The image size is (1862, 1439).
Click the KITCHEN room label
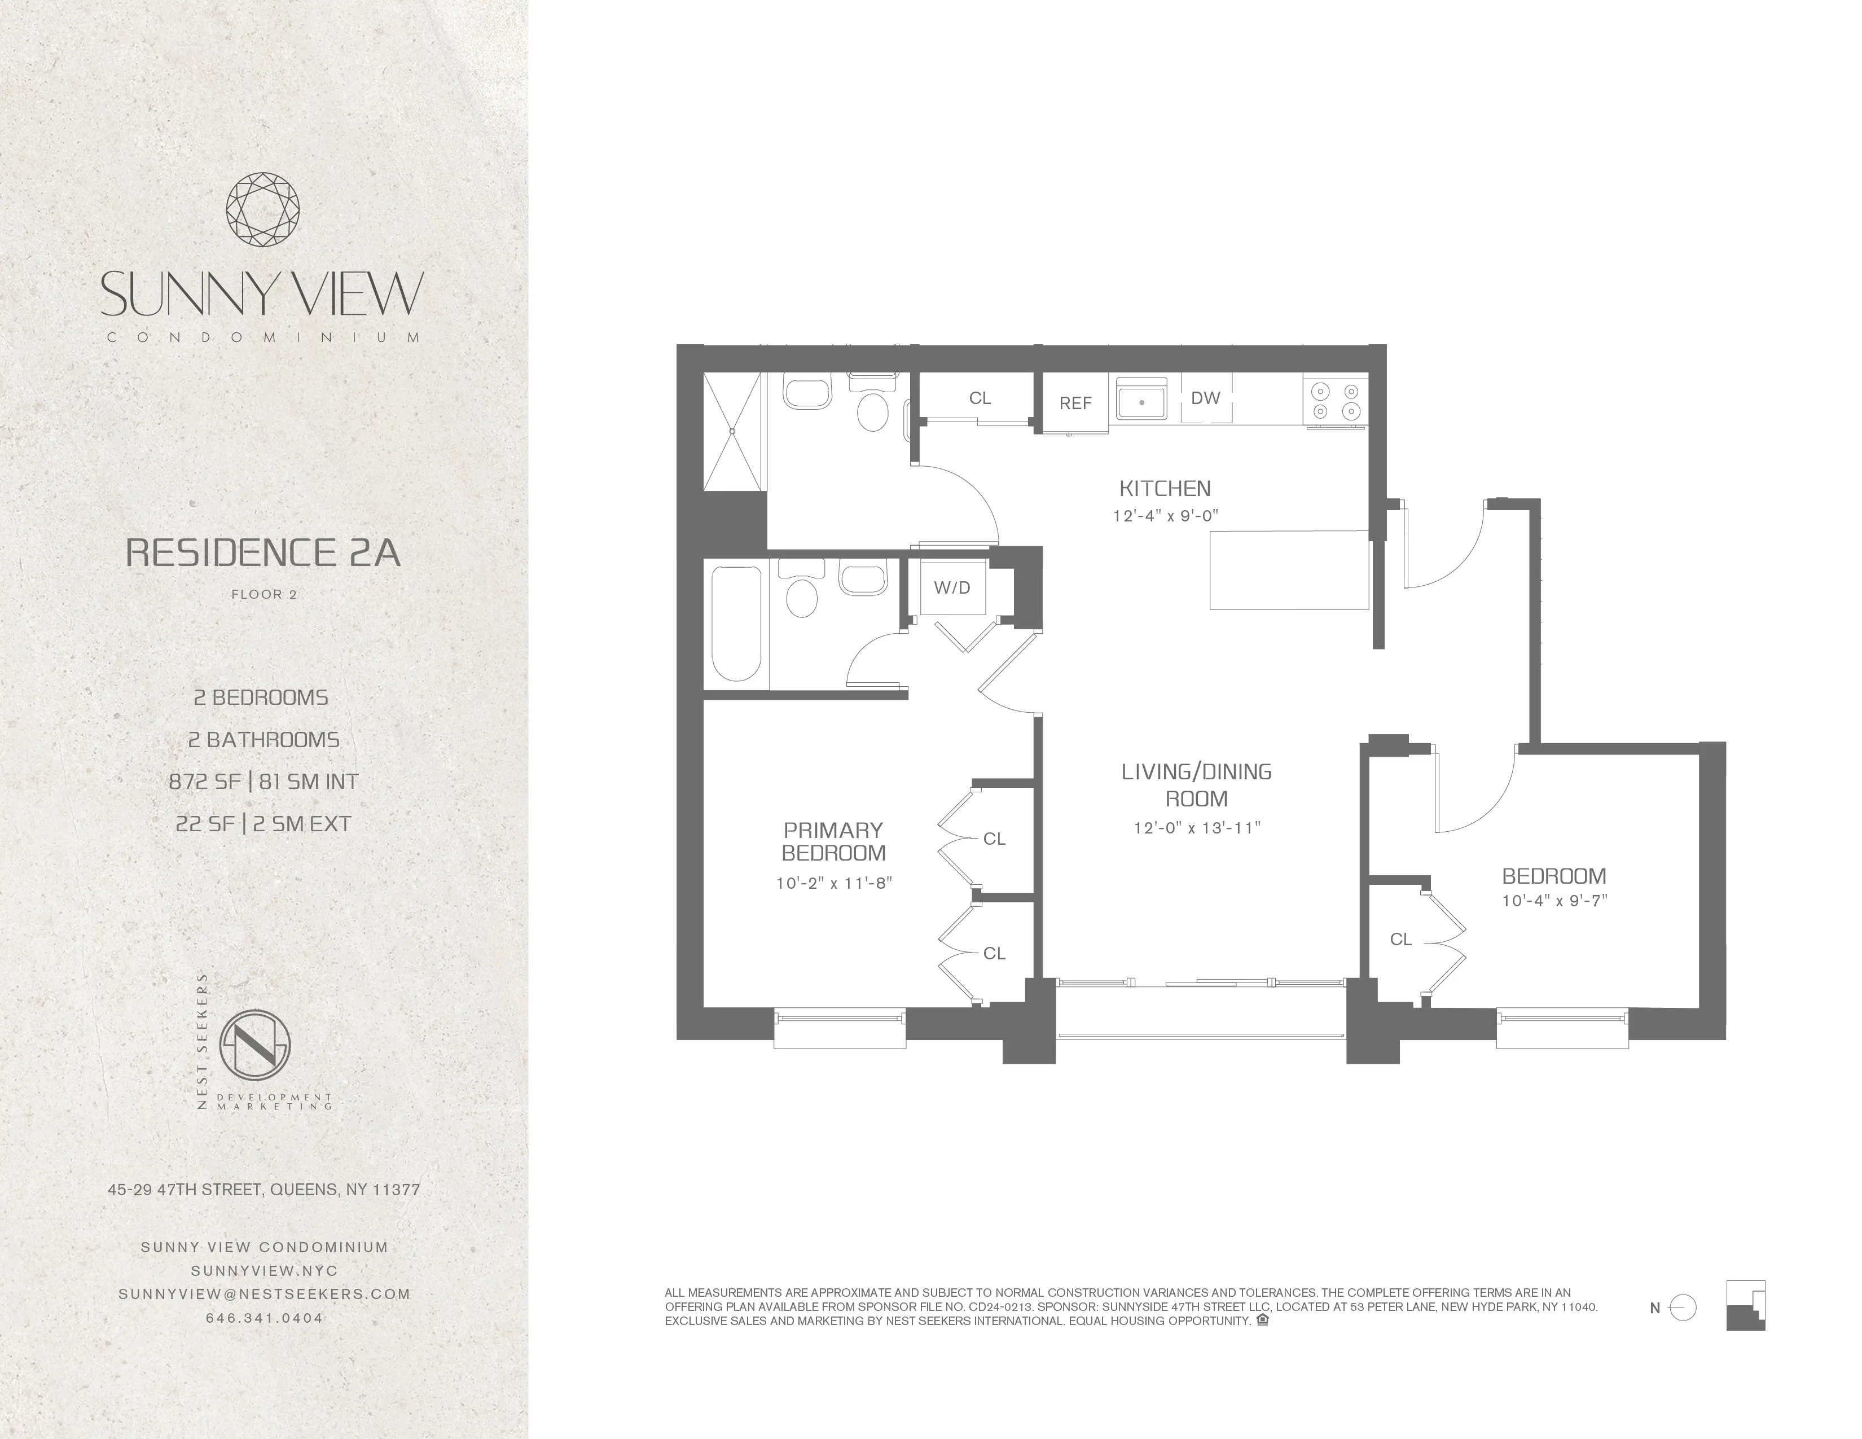pos(1165,489)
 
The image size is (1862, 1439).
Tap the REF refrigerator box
pos(1075,403)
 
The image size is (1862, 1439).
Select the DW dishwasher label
pos(1206,397)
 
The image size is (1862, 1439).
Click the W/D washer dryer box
pos(952,587)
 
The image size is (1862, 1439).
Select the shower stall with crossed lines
pos(731,431)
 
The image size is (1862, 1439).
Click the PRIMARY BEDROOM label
pos(833,841)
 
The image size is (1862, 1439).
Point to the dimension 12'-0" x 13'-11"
pos(1196,828)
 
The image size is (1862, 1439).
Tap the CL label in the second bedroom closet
pos(1401,940)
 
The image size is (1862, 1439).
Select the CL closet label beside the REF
pos(980,398)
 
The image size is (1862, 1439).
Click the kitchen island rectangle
pos(1289,569)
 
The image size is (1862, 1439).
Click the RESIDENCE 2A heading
pos(262,553)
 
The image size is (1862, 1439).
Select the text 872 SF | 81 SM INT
pos(264,782)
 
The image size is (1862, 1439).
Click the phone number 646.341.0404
pos(264,1318)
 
